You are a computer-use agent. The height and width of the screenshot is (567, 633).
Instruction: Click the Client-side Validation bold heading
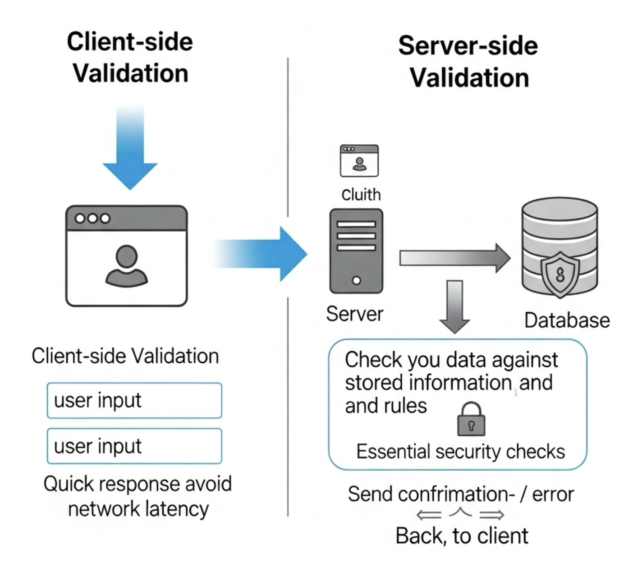130,57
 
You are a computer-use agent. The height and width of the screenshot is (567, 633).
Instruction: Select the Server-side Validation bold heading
468,62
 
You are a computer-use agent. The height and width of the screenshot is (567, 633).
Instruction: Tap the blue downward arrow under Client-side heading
130,149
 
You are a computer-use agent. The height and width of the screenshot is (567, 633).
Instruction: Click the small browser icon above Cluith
359,160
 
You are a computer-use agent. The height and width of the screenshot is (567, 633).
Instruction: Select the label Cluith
361,195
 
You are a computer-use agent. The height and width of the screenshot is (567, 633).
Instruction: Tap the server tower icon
356,251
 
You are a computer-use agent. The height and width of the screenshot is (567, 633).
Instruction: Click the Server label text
354,314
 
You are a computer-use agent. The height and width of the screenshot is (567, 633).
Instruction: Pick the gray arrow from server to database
453,258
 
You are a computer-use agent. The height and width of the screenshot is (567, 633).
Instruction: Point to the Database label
567,320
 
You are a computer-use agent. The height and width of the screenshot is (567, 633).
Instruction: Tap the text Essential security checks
460,452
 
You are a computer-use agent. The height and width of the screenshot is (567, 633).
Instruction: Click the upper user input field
134,401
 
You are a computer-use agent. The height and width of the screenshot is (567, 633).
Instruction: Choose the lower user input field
134,446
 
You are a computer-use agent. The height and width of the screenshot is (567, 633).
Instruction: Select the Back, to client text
462,536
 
